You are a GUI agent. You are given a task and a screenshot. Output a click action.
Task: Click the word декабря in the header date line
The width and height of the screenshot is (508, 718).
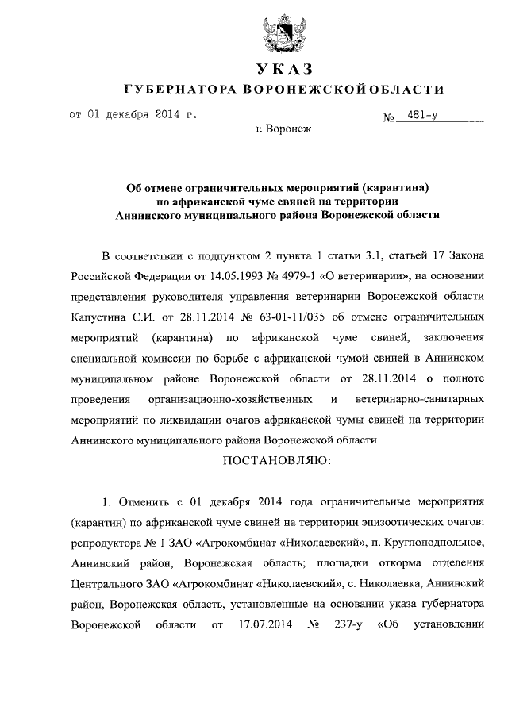pyautogui.click(x=129, y=114)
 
